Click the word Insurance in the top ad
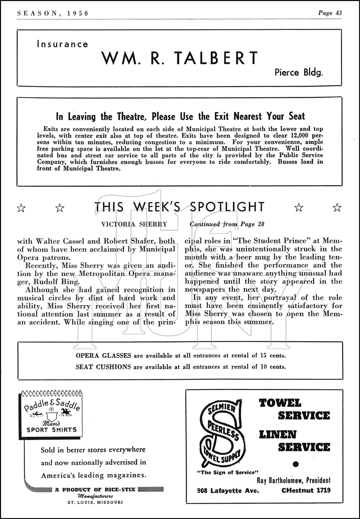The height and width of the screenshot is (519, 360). (62, 44)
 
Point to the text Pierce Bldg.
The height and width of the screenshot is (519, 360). (299, 72)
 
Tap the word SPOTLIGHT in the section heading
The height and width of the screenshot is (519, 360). (227, 207)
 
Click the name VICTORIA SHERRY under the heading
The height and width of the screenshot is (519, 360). (134, 224)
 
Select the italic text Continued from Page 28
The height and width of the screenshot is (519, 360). (227, 224)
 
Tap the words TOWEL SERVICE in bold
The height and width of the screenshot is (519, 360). (294, 409)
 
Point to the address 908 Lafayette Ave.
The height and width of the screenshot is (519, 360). (228, 490)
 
